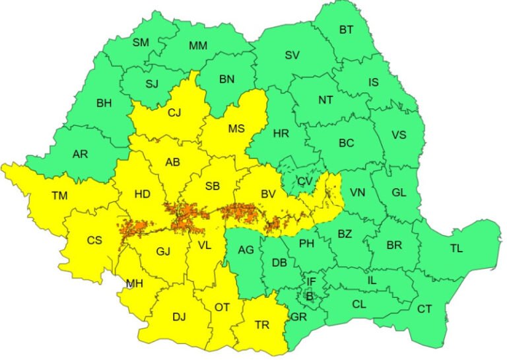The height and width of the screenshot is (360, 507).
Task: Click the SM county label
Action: (x=141, y=42)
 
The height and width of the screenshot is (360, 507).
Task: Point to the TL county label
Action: (x=456, y=248)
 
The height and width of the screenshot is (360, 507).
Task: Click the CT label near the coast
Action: (x=424, y=308)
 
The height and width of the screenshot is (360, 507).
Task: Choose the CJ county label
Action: (x=174, y=112)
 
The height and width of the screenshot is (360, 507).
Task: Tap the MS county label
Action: (x=236, y=128)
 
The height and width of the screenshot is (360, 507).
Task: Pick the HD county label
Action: (x=142, y=195)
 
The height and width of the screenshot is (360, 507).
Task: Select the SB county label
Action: (x=212, y=186)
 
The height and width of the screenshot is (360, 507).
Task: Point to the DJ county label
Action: (x=179, y=316)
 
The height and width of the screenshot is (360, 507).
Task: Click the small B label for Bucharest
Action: (x=309, y=296)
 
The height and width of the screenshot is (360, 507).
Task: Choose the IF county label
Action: (x=311, y=282)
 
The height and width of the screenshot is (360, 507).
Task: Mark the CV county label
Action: (x=304, y=181)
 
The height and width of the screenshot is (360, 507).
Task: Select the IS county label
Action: (x=374, y=83)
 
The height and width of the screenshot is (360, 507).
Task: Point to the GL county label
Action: (x=399, y=192)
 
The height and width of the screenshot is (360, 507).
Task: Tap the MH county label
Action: (x=135, y=283)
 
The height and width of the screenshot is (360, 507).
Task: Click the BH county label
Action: (x=104, y=103)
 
